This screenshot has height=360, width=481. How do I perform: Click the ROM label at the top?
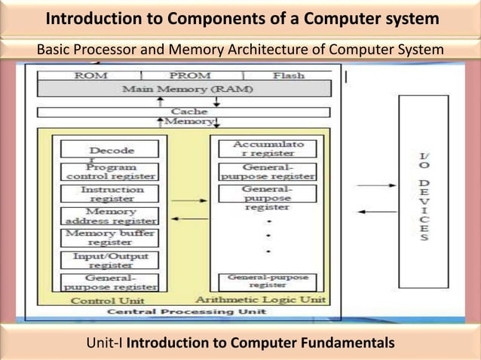91,75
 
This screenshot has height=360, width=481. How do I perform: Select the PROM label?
190,75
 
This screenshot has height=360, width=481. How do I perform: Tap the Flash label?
288,75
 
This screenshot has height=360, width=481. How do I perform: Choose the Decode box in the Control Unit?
111,150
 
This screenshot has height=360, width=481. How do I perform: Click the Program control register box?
111,171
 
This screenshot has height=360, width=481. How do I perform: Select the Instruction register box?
111,194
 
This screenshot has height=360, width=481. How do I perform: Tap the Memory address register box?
111,216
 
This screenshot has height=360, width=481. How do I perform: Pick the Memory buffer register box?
111,238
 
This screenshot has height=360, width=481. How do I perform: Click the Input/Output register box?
111,261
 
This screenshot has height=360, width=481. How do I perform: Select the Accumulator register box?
268,148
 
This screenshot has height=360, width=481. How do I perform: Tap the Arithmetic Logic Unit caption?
268,300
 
